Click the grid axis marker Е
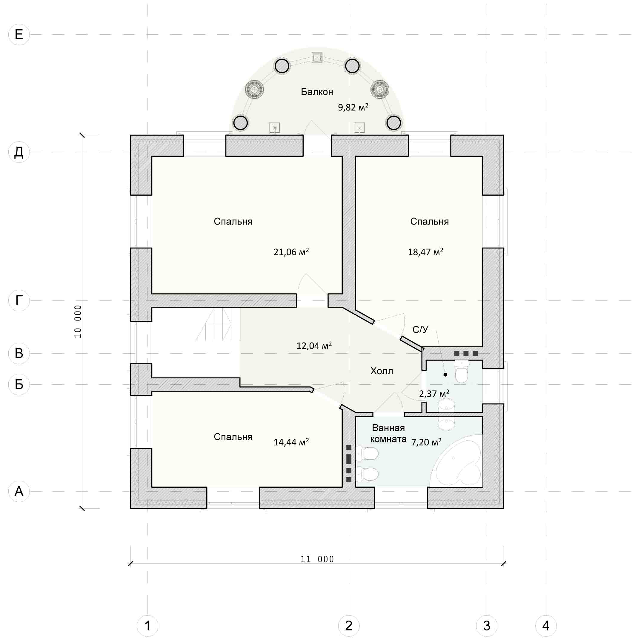tap(19, 34)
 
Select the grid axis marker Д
tap(19, 152)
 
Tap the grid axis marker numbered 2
tap(349, 625)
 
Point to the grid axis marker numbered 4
tap(546, 625)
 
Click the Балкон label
tap(317, 92)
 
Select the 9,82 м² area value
tap(353, 107)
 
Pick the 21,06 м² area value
tap(291, 252)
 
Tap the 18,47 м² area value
tap(425, 252)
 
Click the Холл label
tap(382, 371)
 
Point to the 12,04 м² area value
tap(314, 346)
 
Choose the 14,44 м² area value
tap(291, 442)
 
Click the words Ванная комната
tap(388, 433)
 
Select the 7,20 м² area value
tap(426, 442)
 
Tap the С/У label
tap(420, 330)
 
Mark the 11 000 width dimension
tap(317, 559)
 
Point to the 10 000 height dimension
tap(78, 321)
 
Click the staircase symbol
tap(218, 325)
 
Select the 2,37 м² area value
tap(434, 394)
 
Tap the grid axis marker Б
tap(19, 384)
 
